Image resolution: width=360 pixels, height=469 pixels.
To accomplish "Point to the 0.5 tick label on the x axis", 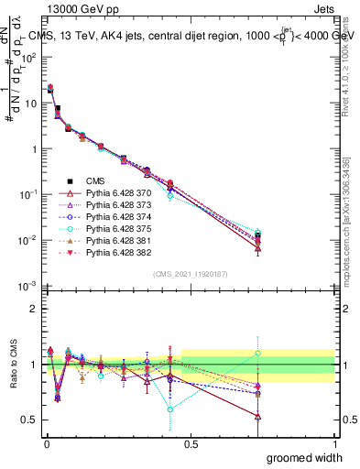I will (x=189, y=443).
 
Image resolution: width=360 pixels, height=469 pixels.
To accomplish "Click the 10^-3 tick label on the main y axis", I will (x=27, y=287).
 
